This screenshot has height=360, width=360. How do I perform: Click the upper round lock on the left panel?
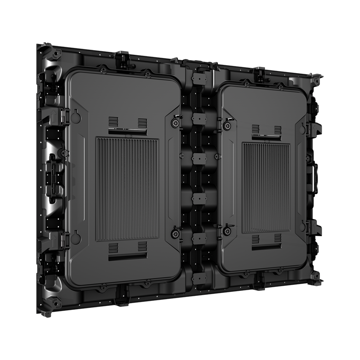point(175,123)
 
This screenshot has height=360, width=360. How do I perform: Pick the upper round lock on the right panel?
point(227,125)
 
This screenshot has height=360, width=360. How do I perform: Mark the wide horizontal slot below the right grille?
point(266,248)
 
